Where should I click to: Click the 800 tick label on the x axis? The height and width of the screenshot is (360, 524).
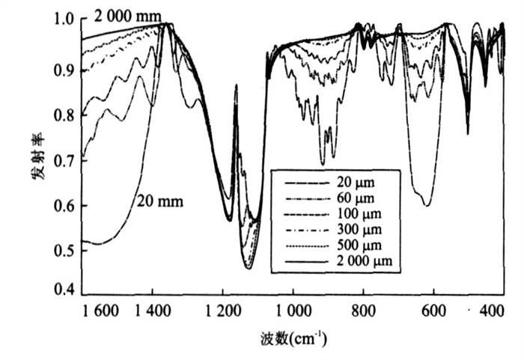[364, 311]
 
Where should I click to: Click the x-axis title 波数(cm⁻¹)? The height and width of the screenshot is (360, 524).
[290, 339]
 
